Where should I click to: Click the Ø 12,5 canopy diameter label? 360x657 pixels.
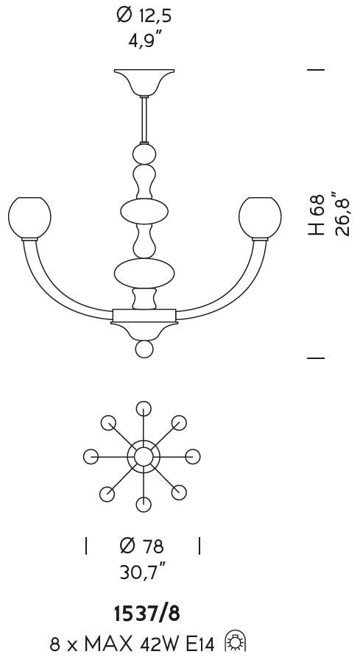click(x=144, y=16)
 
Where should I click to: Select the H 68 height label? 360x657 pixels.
click(x=317, y=215)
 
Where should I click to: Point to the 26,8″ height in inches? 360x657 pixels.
click(x=342, y=213)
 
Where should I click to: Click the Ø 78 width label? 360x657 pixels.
click(x=141, y=546)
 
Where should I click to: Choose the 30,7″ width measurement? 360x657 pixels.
click(x=142, y=571)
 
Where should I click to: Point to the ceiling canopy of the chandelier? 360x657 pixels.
click(x=144, y=82)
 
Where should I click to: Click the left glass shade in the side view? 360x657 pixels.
click(x=29, y=218)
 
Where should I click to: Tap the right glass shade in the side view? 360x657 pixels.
click(x=260, y=218)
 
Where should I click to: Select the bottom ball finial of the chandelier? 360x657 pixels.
click(x=144, y=349)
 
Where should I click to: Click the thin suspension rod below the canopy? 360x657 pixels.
click(x=144, y=120)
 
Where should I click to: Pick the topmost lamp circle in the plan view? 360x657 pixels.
click(x=144, y=408)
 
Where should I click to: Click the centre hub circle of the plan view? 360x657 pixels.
click(x=144, y=456)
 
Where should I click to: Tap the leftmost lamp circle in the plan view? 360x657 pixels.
click(x=91, y=456)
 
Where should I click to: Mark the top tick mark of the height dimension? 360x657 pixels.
click(x=316, y=69)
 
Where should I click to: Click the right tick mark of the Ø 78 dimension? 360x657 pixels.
click(x=199, y=546)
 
